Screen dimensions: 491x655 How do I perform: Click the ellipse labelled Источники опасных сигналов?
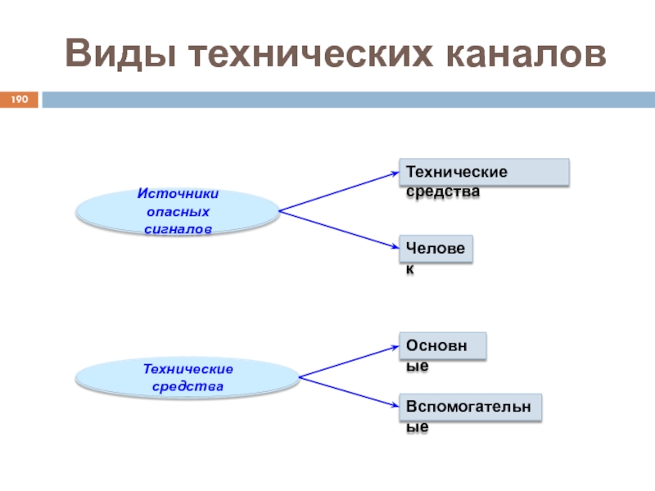178,212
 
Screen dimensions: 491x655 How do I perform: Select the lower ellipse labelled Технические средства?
187,376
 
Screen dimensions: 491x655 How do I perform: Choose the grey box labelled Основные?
442,345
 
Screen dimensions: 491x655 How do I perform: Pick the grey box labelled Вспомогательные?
471,407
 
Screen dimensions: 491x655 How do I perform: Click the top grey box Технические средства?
483,172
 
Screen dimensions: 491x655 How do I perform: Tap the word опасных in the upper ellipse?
178,212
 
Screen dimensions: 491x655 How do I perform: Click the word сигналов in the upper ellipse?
178,229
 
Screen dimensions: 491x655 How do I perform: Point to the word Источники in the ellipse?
178,195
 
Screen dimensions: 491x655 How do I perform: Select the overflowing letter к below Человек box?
409,269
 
